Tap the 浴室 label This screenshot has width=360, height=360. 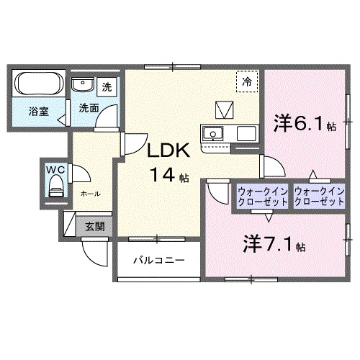tap(38, 112)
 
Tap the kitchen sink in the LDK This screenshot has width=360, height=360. tap(215, 133)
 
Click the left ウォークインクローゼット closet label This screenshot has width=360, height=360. tap(263, 196)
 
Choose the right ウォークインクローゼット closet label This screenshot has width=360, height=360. tap(318, 196)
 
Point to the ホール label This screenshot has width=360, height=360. tap(90, 194)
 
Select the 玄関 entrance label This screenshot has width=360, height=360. tap(94, 226)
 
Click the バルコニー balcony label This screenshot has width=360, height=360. tap(159, 259)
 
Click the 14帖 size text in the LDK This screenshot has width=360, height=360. tap(169, 174)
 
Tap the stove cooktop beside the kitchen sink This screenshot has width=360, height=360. tap(246, 133)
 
